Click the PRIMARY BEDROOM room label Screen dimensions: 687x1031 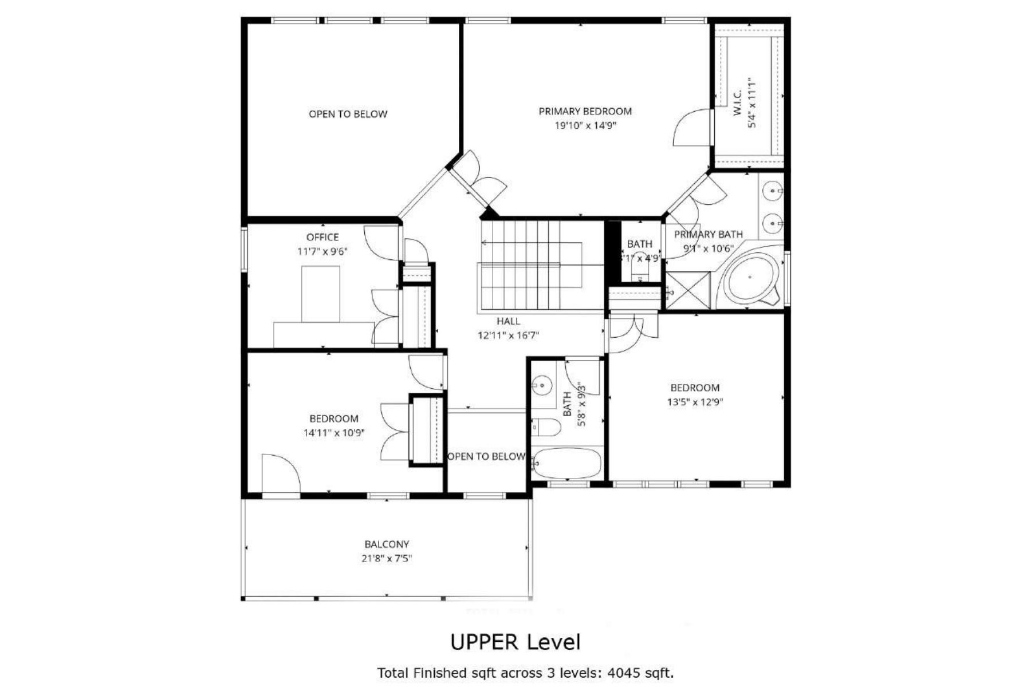coord(585,112)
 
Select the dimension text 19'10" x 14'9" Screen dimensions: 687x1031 coord(585,126)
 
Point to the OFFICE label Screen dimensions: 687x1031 coord(322,237)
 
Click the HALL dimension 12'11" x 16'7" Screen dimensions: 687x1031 coord(508,335)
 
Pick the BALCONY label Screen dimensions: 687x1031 coord(387,544)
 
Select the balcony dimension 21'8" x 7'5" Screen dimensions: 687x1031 coord(387,559)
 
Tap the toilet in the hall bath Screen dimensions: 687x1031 coord(546,427)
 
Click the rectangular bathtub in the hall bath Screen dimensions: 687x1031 coord(566,463)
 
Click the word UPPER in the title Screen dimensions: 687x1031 coord(485,642)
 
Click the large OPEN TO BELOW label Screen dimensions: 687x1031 coord(348,114)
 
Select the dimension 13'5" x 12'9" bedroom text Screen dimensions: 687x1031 coord(695,402)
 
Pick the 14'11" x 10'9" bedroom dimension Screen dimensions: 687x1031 coord(334,433)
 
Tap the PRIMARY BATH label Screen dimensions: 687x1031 coord(708,235)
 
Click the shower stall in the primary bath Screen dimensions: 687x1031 coord(687,291)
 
